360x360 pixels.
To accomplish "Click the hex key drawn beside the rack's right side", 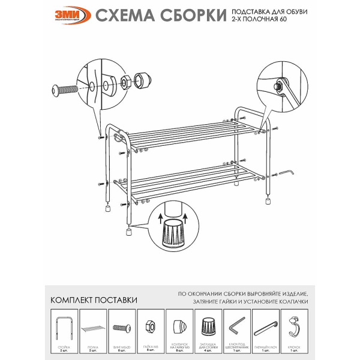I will coord(287,173).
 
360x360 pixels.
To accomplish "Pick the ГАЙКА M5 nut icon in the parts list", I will coord(149,328).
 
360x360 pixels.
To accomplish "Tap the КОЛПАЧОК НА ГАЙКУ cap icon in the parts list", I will coord(178,328).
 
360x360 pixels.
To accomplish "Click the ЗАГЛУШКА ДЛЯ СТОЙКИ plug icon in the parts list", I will coord(208,328).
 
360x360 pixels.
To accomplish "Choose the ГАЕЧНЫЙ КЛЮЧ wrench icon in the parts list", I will coord(266,328).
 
